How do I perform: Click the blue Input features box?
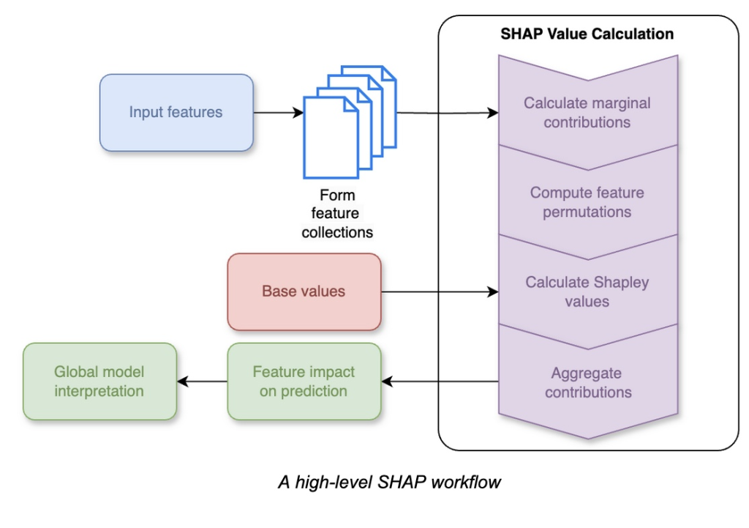176,113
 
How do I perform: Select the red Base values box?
304,291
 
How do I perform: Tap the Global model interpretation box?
99,381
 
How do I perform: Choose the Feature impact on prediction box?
304,381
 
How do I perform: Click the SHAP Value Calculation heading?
587,34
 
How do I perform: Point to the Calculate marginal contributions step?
587,112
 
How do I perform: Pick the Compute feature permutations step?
587,203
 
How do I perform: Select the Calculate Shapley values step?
587,291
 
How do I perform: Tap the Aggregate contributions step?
587,382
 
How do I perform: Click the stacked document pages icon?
349,121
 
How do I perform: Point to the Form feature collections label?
337,214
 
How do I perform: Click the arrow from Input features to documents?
278,113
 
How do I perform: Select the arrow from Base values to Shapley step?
439,292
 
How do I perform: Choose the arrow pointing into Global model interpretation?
202,382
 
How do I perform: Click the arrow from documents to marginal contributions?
446,113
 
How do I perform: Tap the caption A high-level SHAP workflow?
389,483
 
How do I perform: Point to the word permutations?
587,212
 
